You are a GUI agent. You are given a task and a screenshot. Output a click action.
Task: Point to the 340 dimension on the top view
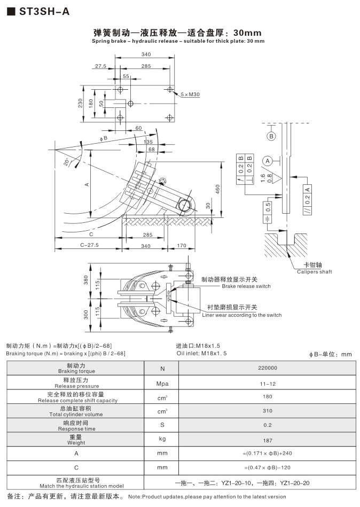coord(146,54)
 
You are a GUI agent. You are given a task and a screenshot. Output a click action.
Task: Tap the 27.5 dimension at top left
coord(101,67)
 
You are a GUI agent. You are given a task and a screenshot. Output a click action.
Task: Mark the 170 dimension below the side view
coord(182,246)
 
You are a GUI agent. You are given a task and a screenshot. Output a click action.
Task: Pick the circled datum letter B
coord(271,136)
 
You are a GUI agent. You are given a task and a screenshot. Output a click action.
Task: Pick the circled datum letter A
coord(267,160)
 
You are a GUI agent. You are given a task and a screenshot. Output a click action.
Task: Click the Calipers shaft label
coord(315,272)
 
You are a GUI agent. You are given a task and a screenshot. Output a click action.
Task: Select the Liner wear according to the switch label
coord(242,315)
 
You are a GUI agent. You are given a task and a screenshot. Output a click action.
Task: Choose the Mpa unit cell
coord(162,382)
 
